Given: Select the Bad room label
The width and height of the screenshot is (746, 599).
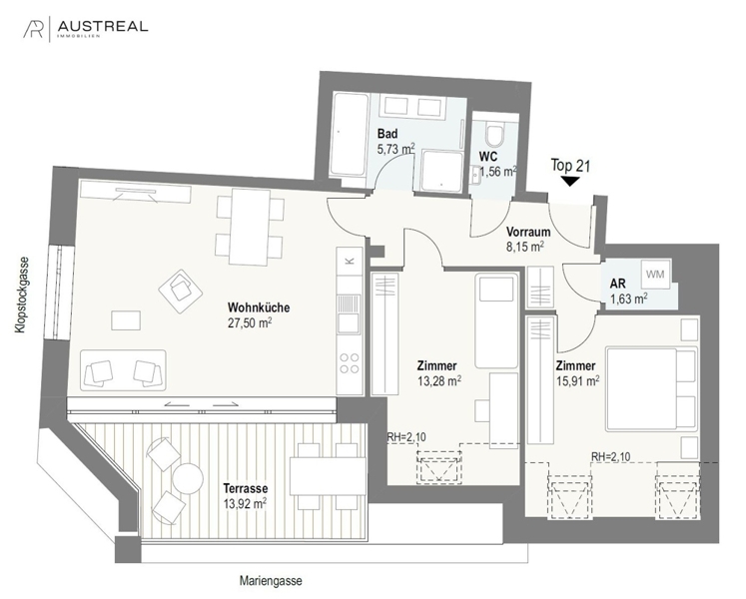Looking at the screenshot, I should coord(387,134).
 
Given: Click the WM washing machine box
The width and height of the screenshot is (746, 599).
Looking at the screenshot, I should coord(654,274).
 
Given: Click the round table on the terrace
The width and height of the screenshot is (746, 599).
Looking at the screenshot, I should coord(186,479).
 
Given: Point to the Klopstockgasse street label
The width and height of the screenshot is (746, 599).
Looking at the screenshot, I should coord(20,299).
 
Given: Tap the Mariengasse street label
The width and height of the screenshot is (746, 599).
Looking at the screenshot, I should coord(270,580).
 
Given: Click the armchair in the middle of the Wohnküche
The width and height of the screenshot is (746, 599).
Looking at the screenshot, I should coord(181,289).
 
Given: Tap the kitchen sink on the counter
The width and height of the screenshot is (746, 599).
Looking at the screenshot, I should coord(349,322).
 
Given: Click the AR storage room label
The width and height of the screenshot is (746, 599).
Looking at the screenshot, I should coord(619,283).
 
